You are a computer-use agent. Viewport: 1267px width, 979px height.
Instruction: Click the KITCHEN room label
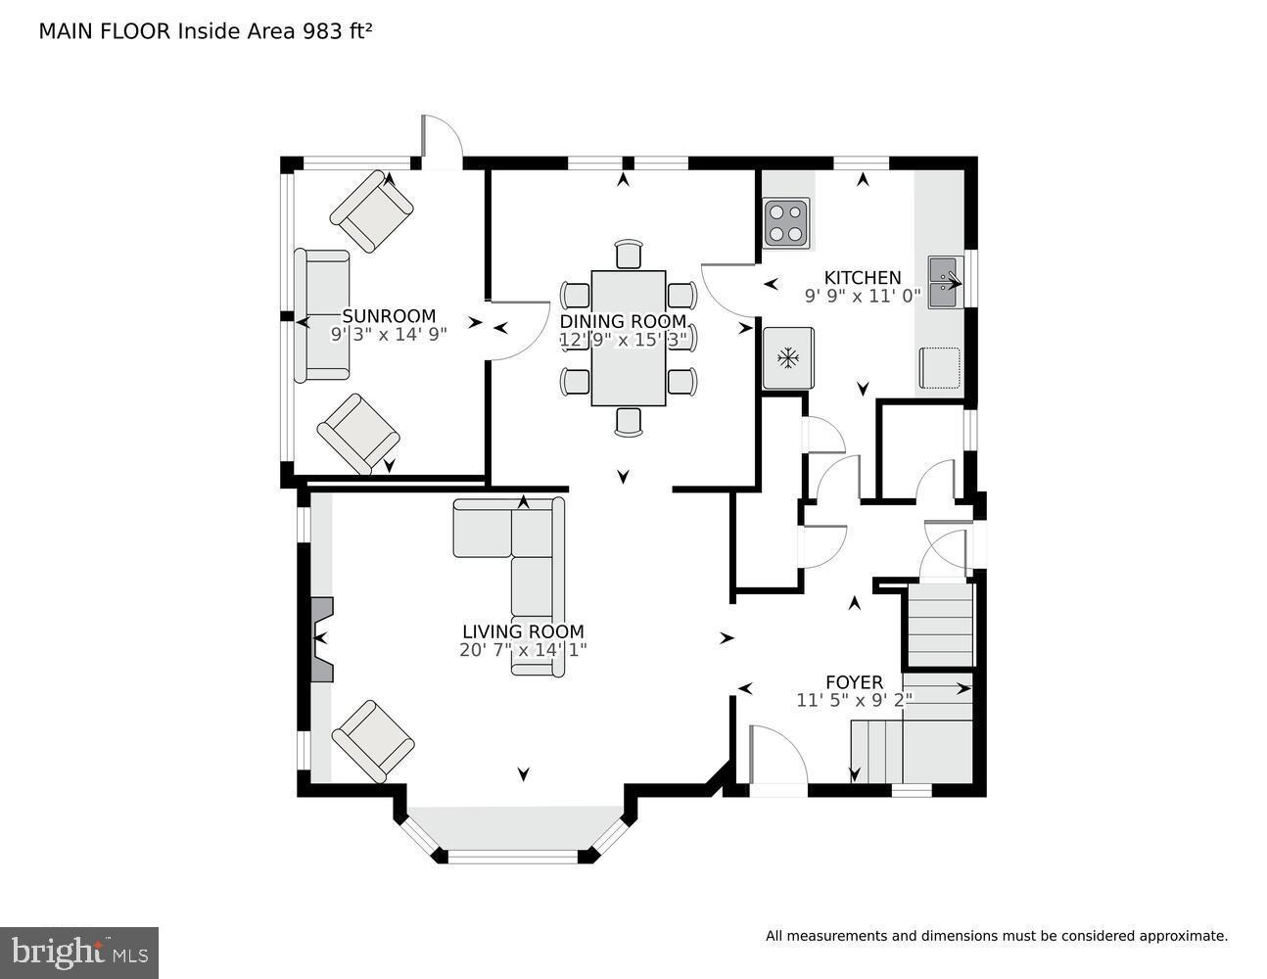point(862,278)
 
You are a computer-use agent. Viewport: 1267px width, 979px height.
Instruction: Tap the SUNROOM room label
point(389,316)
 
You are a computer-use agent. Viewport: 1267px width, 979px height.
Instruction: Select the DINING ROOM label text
point(623,322)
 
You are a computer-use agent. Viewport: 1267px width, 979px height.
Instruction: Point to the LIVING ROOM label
point(523,632)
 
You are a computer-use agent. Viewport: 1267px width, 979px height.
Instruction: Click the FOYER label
point(854,682)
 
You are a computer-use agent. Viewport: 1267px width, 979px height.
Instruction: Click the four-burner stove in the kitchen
point(786,222)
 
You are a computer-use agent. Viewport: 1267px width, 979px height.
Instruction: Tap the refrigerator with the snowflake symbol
point(786,358)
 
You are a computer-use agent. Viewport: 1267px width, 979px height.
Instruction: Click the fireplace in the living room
point(321,639)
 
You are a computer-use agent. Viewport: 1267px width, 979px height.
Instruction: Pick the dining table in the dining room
point(628,338)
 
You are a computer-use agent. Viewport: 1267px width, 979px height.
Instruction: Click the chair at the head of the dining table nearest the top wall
point(628,255)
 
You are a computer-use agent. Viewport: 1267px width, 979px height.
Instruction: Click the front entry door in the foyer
point(776,756)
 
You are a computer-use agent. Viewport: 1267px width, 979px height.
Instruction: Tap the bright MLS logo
point(78,952)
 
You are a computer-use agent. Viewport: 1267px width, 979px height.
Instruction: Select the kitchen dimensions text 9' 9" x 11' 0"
point(862,297)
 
